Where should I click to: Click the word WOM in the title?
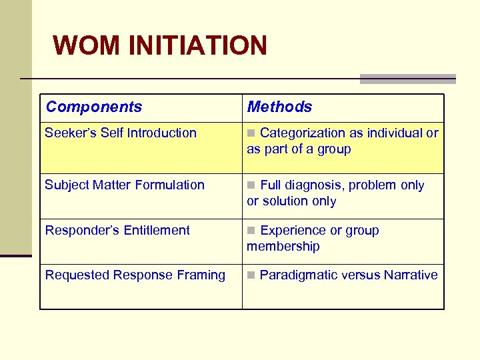pos(87,45)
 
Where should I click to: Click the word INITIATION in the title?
pos(197,45)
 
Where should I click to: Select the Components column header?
pos(94,107)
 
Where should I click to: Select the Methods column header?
pos(279,107)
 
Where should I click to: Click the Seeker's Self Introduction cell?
pos(121,133)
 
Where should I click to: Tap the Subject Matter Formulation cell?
pos(125,185)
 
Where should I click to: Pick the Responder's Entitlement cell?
pos(117,230)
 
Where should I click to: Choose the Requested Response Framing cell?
pos(135,275)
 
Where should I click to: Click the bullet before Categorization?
pos(251,133)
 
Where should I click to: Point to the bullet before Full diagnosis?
pos(251,185)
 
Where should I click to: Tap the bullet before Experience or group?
pos(251,231)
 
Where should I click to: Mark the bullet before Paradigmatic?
pos(251,275)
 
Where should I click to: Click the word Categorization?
pos(303,133)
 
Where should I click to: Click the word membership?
pos(283,246)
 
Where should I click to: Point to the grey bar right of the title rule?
pos(407,79)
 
